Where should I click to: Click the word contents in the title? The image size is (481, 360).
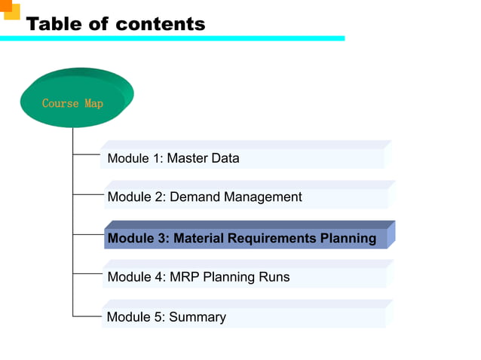click(159, 24)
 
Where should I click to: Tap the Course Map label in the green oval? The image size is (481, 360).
click(72, 103)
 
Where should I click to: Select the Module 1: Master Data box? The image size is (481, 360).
click(241, 158)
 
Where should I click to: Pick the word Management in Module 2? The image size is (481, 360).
click(265, 197)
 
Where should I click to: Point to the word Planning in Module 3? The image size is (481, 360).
click(348, 238)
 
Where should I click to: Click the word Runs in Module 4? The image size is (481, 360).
click(274, 276)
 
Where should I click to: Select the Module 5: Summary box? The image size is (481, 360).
click(241, 317)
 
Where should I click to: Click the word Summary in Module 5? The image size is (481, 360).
click(197, 317)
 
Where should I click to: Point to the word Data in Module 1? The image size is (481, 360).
click(224, 158)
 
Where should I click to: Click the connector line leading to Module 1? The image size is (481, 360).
click(87, 155)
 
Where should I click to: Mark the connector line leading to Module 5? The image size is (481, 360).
click(87, 316)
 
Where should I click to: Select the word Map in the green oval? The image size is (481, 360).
click(94, 103)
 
